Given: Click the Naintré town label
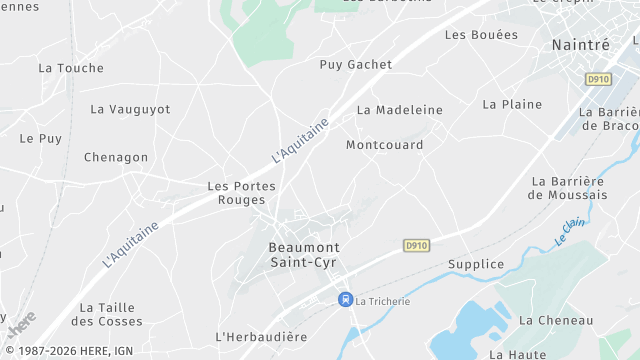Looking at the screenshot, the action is pyautogui.click(x=581, y=45).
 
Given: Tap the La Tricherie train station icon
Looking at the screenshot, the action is pyautogui.click(x=345, y=299).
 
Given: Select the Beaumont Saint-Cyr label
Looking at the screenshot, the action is pyautogui.click(x=304, y=254).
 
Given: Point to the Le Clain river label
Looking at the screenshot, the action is pyautogui.click(x=569, y=232).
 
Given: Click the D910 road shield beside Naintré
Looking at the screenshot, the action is pyautogui.click(x=599, y=79).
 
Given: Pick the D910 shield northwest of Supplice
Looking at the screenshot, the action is pyautogui.click(x=417, y=245).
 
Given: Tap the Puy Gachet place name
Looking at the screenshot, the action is pyautogui.click(x=355, y=64).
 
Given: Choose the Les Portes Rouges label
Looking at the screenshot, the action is pyautogui.click(x=241, y=193).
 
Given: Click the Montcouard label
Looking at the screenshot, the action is pyautogui.click(x=384, y=145).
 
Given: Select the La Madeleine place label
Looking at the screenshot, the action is pyautogui.click(x=399, y=110).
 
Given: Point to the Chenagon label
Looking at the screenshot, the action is pyautogui.click(x=116, y=157).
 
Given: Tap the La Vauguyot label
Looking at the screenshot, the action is pyautogui.click(x=130, y=109).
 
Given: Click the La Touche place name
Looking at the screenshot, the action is pyautogui.click(x=71, y=68).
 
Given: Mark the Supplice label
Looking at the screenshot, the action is pyautogui.click(x=476, y=264).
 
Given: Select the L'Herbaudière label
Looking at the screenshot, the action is pyautogui.click(x=259, y=336).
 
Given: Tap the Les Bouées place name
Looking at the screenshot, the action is pyautogui.click(x=481, y=34).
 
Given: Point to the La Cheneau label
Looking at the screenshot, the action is pyautogui.click(x=556, y=320).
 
